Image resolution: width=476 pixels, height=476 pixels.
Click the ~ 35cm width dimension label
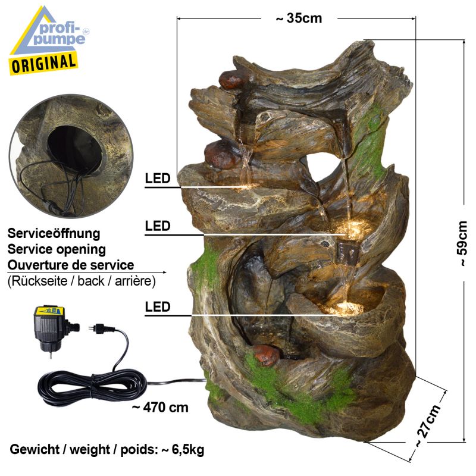299,18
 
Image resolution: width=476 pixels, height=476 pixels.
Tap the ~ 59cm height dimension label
462,244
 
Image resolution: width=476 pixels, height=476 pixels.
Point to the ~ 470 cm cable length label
160,408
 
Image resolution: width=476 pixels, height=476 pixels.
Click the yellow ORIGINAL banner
43,64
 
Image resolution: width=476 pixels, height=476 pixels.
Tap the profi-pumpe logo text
59,34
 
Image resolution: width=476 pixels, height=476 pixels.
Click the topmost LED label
157,178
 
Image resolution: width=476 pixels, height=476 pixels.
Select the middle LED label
157,226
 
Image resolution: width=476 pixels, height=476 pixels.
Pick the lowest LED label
157,307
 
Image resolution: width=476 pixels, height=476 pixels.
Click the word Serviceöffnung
54,233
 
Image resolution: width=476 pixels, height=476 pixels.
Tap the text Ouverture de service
71,265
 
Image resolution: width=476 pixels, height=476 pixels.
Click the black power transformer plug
53,328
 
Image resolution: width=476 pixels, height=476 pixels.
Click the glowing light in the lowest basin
346,307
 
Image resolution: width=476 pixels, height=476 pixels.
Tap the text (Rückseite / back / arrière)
82,281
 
